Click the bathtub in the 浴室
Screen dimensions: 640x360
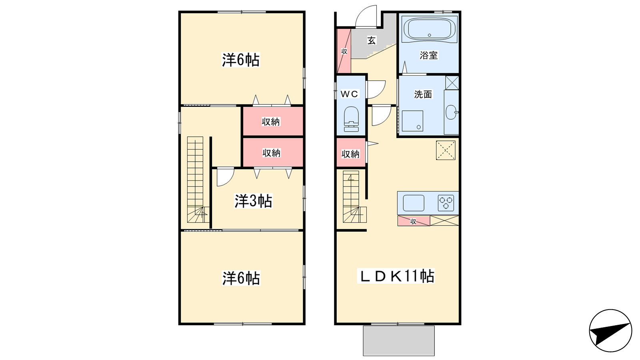(x=430, y=30)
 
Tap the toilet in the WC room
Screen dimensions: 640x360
(x=351, y=119)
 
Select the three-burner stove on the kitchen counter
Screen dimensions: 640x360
(x=446, y=203)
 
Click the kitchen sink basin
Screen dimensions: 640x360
(x=414, y=203)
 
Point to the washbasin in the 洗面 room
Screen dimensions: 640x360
(x=451, y=112)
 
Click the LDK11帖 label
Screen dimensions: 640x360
(x=396, y=276)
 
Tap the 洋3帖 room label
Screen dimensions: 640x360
(x=253, y=201)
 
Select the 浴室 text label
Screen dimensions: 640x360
(x=428, y=55)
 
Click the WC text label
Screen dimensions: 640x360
(x=349, y=94)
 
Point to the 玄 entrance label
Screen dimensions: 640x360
(x=372, y=40)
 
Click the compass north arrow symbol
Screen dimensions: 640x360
(x=610, y=330)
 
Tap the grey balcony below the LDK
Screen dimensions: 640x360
(x=398, y=340)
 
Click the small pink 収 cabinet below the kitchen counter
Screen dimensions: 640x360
(x=414, y=221)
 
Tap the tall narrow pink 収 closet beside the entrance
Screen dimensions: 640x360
(x=344, y=51)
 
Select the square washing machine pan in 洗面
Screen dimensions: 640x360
(x=412, y=121)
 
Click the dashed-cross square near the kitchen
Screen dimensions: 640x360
(x=446, y=150)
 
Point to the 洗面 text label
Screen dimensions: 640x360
(x=423, y=94)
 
